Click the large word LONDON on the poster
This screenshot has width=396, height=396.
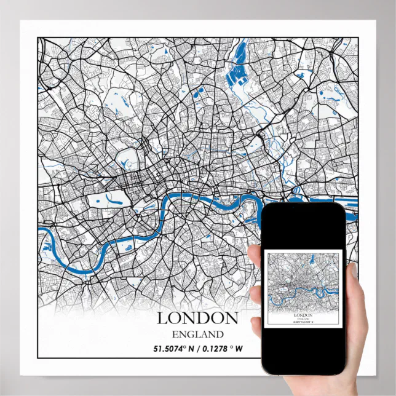(197, 318)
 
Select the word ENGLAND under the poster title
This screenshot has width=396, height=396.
(197, 335)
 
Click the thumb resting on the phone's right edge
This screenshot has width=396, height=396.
(353, 277)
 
